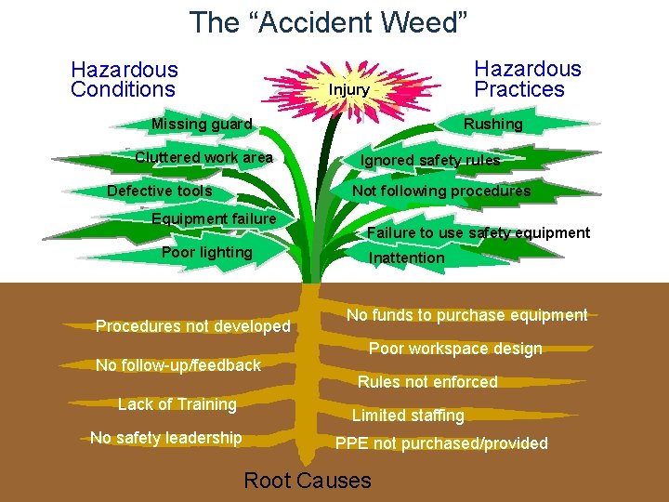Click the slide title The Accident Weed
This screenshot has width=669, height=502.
click(x=328, y=22)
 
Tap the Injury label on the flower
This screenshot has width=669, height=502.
click(x=349, y=90)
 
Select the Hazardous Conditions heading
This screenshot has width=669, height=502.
click(x=124, y=79)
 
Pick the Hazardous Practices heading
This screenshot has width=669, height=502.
click(x=527, y=79)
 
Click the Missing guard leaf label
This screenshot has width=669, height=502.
click(x=202, y=124)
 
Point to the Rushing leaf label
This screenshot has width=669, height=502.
click(x=493, y=124)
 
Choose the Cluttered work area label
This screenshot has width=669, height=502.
click(x=203, y=157)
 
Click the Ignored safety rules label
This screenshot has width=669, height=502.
click(x=430, y=160)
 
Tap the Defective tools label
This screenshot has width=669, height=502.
click(x=160, y=191)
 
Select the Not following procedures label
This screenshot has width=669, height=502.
click(x=441, y=191)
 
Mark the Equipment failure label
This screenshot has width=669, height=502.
click(x=214, y=218)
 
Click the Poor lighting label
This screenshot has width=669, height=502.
click(x=206, y=252)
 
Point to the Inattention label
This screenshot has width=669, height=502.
click(x=406, y=258)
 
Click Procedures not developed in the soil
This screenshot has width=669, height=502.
click(x=193, y=326)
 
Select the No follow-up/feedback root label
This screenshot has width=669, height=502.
click(x=178, y=365)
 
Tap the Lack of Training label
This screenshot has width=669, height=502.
click(x=177, y=403)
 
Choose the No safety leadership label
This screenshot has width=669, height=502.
click(x=165, y=437)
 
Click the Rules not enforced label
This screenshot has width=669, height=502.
click(x=427, y=381)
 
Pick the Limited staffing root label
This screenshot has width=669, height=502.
click(x=407, y=415)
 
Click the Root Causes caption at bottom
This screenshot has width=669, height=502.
click(x=307, y=480)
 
